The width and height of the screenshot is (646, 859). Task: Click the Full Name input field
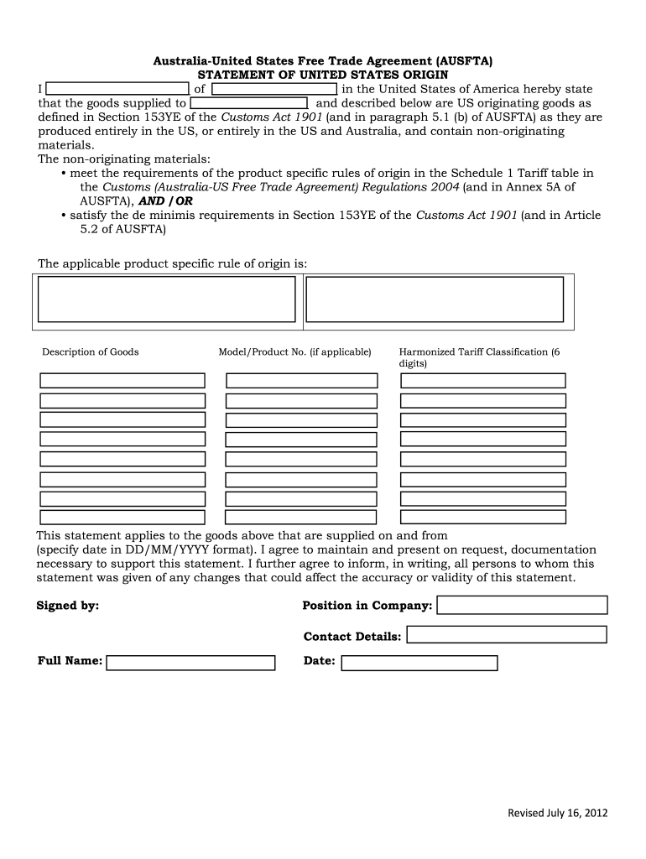click(191, 663)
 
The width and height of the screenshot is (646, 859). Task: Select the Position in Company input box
click(522, 605)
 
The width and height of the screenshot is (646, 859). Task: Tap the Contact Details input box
click(506, 635)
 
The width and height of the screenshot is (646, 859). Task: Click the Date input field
click(419, 663)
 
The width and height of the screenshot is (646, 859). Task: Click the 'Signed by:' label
click(68, 606)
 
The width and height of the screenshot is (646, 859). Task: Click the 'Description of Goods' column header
click(91, 352)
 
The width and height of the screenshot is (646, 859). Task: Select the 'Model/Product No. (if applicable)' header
click(294, 352)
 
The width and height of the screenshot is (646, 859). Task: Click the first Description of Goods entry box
click(122, 380)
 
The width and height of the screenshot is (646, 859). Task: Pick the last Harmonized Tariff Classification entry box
click(483, 518)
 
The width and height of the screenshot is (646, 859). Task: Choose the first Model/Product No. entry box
click(302, 380)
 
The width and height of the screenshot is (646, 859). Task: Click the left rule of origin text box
click(167, 299)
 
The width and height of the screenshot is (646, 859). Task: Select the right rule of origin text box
click(435, 299)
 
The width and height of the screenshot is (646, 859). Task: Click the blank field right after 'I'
click(117, 89)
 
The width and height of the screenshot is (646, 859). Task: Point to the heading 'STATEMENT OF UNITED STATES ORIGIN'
click(323, 75)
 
